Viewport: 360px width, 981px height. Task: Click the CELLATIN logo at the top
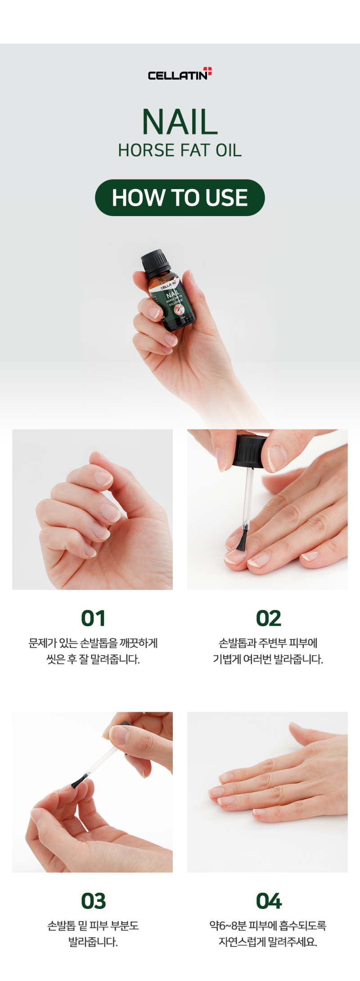click(180, 74)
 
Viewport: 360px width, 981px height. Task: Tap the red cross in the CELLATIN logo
click(207, 71)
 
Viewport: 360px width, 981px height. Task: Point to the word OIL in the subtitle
click(229, 150)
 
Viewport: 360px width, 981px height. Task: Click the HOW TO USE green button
click(180, 198)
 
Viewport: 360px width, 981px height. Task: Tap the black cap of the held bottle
click(155, 261)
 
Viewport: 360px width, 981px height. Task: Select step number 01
click(93, 618)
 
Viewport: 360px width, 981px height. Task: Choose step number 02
click(268, 618)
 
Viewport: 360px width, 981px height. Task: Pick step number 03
click(93, 901)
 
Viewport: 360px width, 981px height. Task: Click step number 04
click(269, 901)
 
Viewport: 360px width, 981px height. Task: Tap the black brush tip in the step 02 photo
click(242, 539)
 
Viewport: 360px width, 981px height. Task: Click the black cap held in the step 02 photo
click(250, 452)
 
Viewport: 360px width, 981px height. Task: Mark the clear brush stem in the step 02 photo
click(248, 498)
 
